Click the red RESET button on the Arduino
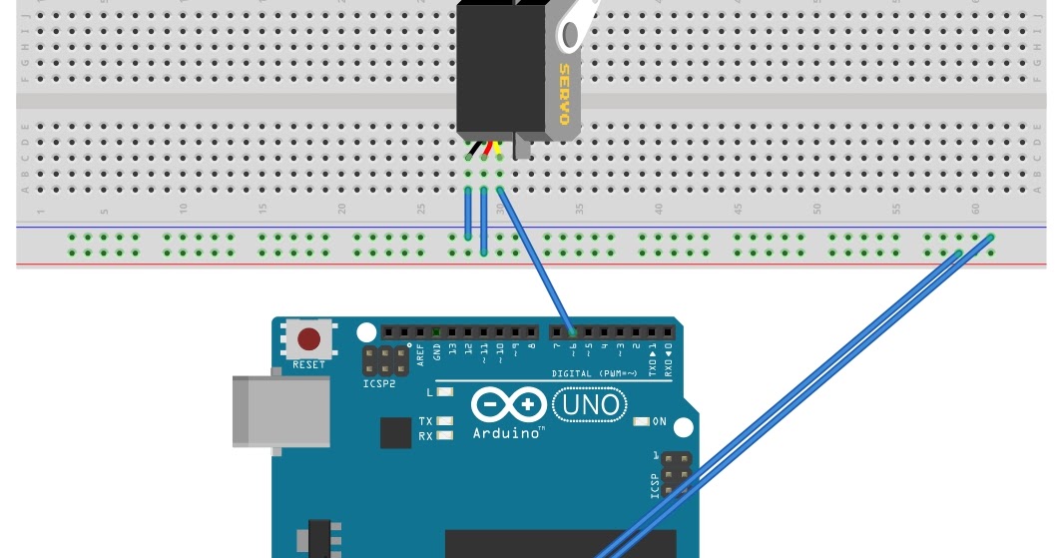pyautogui.click(x=309, y=338)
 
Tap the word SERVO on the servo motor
pyautogui.click(x=565, y=95)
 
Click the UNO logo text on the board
pyautogui.click(x=591, y=405)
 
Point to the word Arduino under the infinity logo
pyautogui.click(x=508, y=434)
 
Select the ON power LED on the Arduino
pyautogui.click(x=643, y=422)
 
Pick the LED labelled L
pyautogui.click(x=445, y=391)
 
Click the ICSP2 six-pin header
pyautogui.click(x=384, y=361)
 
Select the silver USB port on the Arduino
pyautogui.click(x=281, y=410)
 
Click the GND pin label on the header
pyautogui.click(x=436, y=350)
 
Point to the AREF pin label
pyautogui.click(x=420, y=351)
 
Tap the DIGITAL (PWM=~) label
pyautogui.click(x=595, y=374)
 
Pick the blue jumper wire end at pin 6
pyautogui.click(x=571, y=331)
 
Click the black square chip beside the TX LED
pyautogui.click(x=395, y=432)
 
